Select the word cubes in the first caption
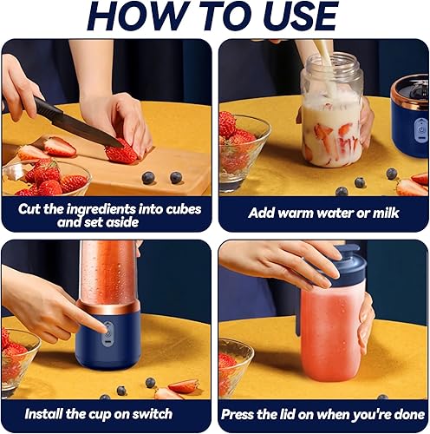click(x=183, y=209)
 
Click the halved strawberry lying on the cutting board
click(x=60, y=147)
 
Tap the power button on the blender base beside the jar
click(x=421, y=129)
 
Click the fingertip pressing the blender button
click(x=104, y=327)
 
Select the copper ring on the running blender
click(x=108, y=307)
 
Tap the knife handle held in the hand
click(x=43, y=107)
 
